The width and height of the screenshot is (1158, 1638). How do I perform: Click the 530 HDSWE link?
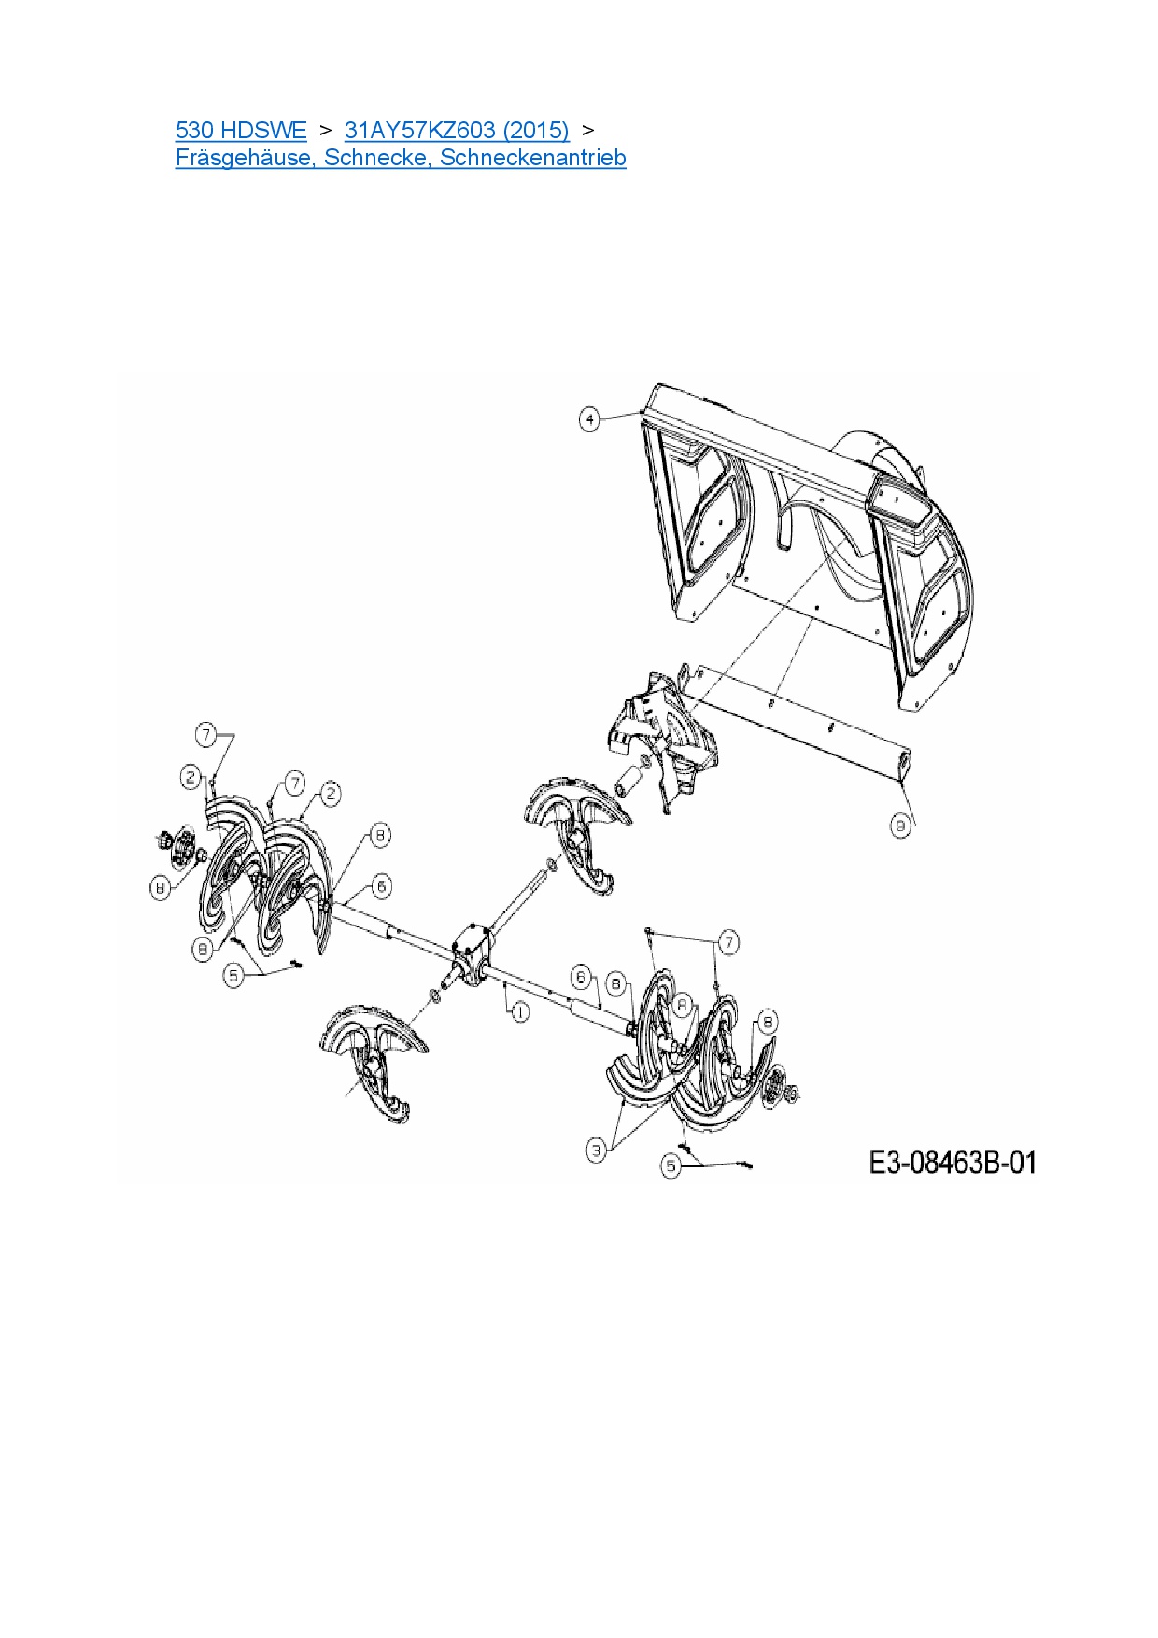coord(241,130)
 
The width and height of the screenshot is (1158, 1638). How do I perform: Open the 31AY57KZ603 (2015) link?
coord(457,130)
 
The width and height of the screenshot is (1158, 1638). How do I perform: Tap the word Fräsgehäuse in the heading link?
coord(246,158)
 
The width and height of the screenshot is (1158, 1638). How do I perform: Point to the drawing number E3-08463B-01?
coord(953,1163)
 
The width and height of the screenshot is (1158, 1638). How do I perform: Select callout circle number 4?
coord(589,419)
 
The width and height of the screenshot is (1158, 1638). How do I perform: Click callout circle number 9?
coord(901,826)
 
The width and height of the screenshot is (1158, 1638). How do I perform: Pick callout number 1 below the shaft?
coord(520,1011)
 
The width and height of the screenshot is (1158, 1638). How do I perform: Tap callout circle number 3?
coord(597,1151)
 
